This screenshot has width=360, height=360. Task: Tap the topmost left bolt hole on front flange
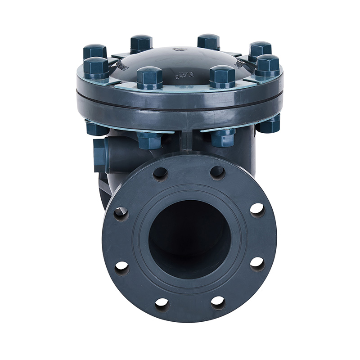(x=160, y=174)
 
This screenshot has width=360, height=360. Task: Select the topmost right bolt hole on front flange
(x=217, y=172)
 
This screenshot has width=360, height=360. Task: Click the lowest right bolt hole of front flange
(x=218, y=302)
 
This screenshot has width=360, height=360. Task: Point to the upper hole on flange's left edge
(x=121, y=213)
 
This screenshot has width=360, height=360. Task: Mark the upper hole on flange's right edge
(x=257, y=210)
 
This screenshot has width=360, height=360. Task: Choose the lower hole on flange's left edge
(x=121, y=267)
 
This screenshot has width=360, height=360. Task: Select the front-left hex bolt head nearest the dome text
(x=149, y=77)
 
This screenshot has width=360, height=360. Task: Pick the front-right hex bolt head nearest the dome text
(x=222, y=76)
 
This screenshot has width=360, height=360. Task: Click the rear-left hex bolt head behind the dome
(x=141, y=43)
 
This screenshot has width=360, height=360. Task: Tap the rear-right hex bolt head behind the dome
(x=208, y=41)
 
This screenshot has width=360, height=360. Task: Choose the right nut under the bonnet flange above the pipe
(x=222, y=138)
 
